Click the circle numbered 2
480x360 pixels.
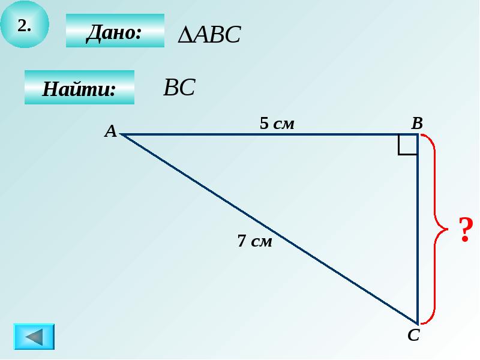pyautogui.click(x=25, y=25)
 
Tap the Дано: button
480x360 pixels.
pyautogui.click(x=115, y=31)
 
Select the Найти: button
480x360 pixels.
pyautogui.click(x=79, y=88)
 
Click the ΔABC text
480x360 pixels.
pyautogui.click(x=209, y=35)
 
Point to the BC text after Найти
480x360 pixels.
pyautogui.click(x=179, y=88)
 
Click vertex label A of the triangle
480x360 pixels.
pyautogui.click(x=110, y=131)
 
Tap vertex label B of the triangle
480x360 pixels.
pyautogui.click(x=417, y=124)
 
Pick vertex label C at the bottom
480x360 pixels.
pyautogui.click(x=413, y=335)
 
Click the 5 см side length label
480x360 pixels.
pyautogui.click(x=277, y=124)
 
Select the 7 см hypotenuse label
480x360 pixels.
pyautogui.click(x=254, y=241)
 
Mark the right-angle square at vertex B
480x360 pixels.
pyautogui.click(x=408, y=145)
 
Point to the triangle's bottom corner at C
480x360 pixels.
pyautogui.click(x=417, y=323)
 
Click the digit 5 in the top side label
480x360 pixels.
pyautogui.click(x=264, y=124)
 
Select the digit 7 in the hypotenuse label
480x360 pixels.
pyautogui.click(x=242, y=241)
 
